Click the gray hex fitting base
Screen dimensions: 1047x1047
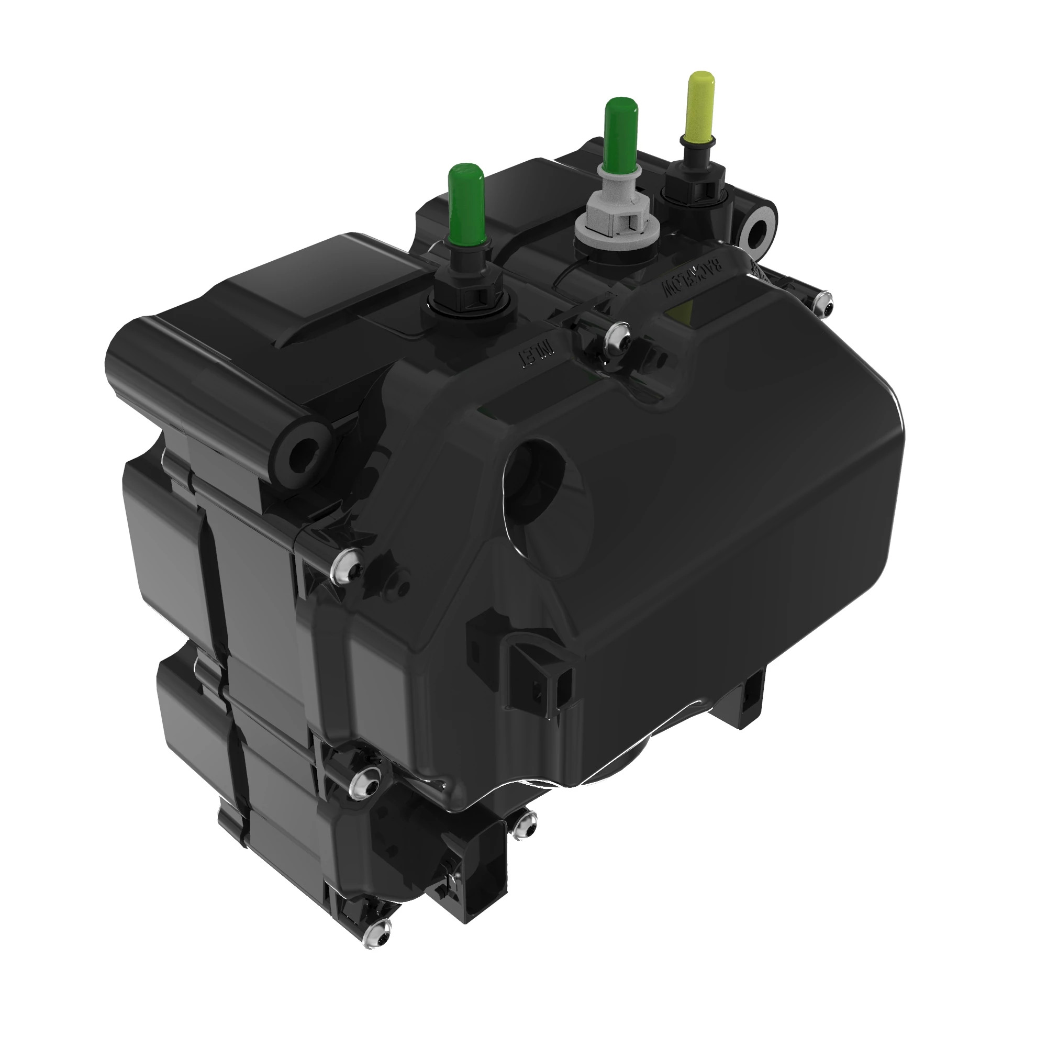[617, 228]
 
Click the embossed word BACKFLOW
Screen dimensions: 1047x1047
[693, 277]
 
